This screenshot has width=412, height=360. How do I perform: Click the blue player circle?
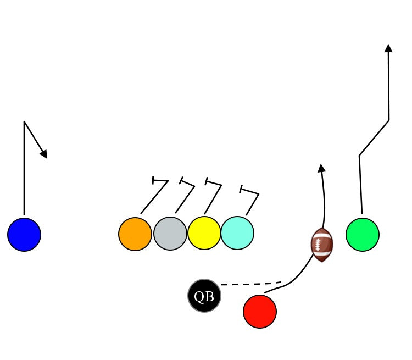(24, 235)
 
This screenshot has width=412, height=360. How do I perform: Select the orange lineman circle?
(135, 234)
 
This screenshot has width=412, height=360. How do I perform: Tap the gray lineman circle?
(170, 234)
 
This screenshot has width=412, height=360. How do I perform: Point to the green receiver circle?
(363, 235)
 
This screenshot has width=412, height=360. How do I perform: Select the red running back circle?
(260, 312)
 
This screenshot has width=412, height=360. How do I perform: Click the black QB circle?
(204, 296)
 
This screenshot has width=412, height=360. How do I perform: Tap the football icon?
(322, 245)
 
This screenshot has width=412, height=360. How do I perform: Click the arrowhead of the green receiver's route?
(388, 48)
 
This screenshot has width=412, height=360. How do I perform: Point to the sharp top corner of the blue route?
(24, 121)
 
